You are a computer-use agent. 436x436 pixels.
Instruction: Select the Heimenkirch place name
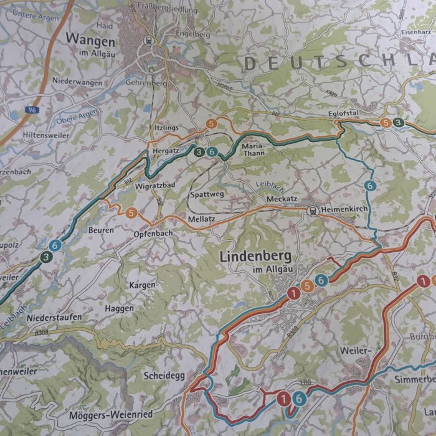pyautogui.click(x=346, y=211)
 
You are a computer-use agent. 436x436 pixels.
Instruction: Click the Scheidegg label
pyautogui.click(x=164, y=376)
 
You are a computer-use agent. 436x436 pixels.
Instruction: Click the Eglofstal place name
pyautogui.click(x=343, y=114)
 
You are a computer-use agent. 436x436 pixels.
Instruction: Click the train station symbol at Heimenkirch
pyautogui.click(x=312, y=211)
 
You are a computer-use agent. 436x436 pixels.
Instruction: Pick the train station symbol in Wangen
pyautogui.click(x=149, y=40)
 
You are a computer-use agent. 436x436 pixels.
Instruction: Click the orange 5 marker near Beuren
pyautogui.click(x=131, y=213)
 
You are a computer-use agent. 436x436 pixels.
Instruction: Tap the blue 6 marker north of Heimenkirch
pyautogui.click(x=370, y=186)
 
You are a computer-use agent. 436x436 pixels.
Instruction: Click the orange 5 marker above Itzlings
pyautogui.click(x=212, y=123)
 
